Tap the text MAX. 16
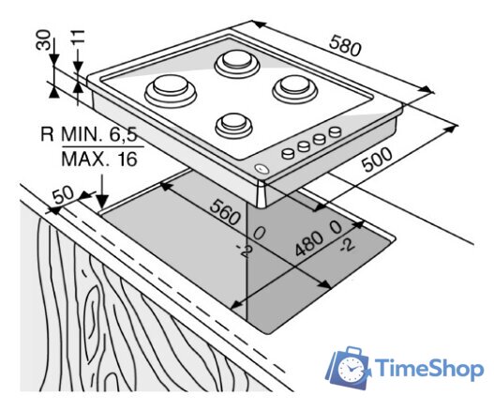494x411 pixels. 98,159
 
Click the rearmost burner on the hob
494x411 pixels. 234,64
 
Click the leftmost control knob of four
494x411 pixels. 289,150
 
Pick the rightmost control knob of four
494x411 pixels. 331,134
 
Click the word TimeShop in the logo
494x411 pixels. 427,369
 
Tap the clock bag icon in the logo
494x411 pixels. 349,368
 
